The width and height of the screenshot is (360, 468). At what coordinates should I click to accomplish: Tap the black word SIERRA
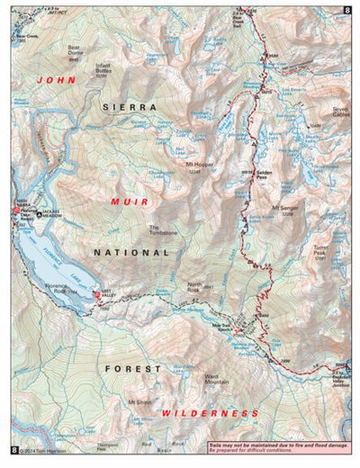tap(133, 106)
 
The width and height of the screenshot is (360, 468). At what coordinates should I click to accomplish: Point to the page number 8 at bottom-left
tap(13, 449)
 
